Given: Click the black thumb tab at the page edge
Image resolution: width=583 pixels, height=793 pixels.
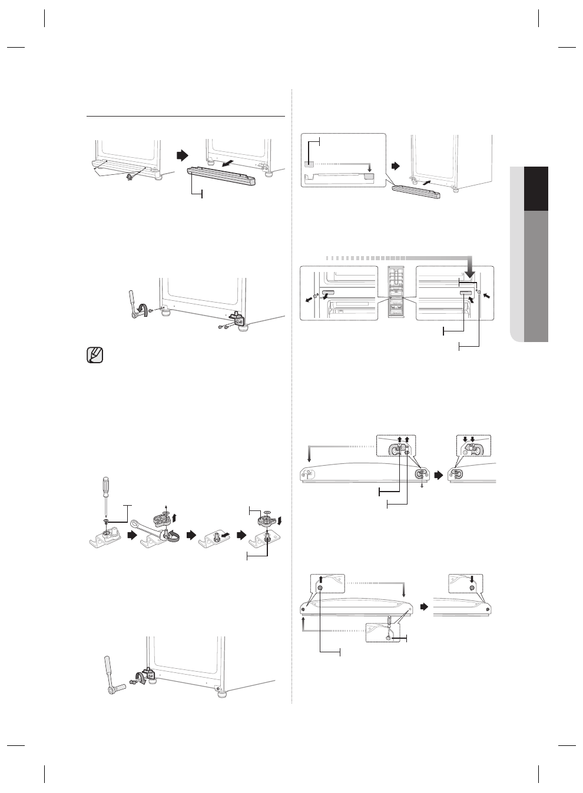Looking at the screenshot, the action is [x=536, y=188].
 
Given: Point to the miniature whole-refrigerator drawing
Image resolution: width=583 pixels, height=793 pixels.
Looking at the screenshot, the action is [x=397, y=293].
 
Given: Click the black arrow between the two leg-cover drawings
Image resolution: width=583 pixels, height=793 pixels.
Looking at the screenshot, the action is [x=183, y=155].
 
